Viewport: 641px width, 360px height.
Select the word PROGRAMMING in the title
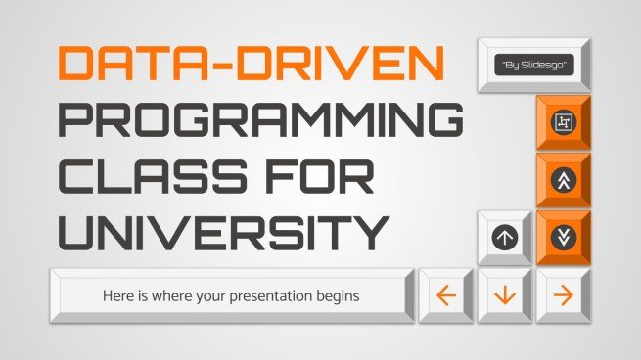click(x=259, y=121)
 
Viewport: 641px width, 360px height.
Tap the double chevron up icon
click(x=563, y=181)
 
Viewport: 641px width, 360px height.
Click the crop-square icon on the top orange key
click(x=563, y=123)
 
